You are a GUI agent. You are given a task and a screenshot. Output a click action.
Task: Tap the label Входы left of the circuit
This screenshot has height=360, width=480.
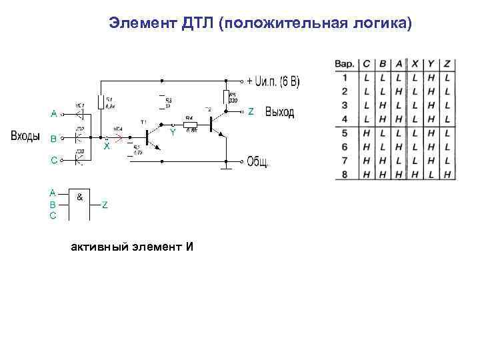pyautogui.click(x=26, y=137)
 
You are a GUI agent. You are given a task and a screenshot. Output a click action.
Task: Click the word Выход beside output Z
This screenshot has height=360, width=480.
pyautogui.click(x=280, y=112)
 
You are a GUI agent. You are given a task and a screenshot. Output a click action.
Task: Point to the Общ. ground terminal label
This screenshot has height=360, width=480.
pyautogui.click(x=259, y=161)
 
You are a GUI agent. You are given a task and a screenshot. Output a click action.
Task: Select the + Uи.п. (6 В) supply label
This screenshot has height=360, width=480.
pyautogui.click(x=273, y=81)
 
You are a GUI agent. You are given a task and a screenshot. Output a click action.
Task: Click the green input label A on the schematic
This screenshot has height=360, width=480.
pyautogui.click(x=53, y=113)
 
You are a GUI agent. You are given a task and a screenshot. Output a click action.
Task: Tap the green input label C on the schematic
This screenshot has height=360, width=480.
pyautogui.click(x=53, y=160)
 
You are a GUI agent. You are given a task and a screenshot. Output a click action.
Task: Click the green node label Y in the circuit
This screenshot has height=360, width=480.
pyautogui.click(x=173, y=132)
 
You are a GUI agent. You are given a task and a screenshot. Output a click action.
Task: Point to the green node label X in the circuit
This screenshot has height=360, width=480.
pyautogui.click(x=106, y=147)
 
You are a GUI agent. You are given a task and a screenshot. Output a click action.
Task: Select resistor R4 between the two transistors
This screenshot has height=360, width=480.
pyautogui.click(x=189, y=124)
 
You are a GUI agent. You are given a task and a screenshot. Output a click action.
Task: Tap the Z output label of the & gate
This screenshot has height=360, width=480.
pyautogui.click(x=105, y=205)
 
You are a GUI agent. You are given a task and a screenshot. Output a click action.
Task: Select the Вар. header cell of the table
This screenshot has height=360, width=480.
pyautogui.click(x=344, y=65)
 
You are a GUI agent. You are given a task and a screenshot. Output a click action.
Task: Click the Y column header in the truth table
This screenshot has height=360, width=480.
pyautogui.click(x=431, y=65)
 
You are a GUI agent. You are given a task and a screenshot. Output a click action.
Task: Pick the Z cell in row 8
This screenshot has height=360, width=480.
pyautogui.click(x=447, y=174)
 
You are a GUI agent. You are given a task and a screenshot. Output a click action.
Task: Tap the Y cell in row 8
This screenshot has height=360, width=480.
pyautogui.click(x=431, y=174)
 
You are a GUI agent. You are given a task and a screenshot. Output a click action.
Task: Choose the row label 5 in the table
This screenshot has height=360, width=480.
pyautogui.click(x=345, y=133)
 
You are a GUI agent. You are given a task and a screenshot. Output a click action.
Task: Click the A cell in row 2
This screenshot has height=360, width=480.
pyautogui.click(x=399, y=91)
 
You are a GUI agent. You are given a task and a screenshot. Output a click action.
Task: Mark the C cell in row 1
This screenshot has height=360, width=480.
pyautogui.click(x=367, y=78)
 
